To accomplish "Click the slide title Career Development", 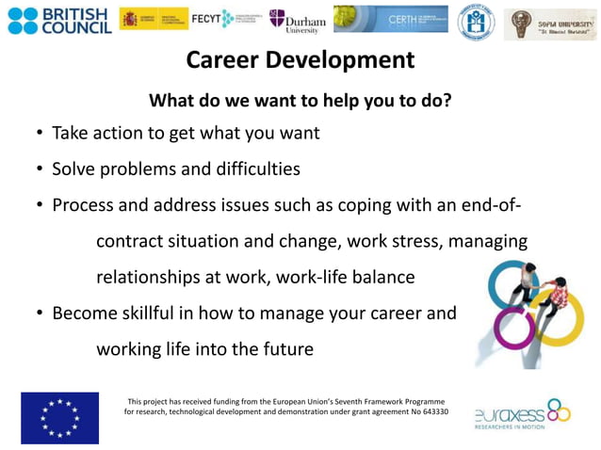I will click(300, 60).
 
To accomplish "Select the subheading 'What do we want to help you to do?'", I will click(300, 100).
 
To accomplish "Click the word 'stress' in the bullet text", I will click(413, 241).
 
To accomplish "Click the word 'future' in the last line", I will click(284, 349).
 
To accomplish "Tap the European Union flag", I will click(59, 417).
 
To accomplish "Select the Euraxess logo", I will click(522, 414).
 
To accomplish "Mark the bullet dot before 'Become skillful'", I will click(40, 313).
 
